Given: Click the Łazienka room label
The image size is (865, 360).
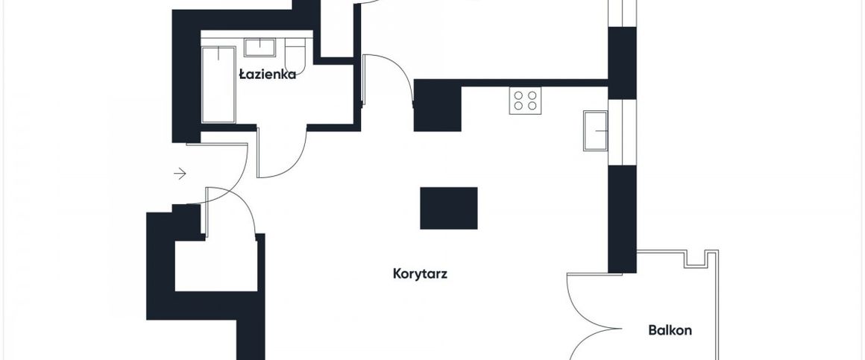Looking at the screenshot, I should point(268,75).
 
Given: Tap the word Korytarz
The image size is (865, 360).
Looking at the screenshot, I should point(420,274).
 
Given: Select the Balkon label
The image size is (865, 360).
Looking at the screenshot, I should point(670,330).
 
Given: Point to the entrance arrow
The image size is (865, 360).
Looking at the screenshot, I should point(180,174).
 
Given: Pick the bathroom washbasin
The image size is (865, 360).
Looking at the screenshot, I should point(261,48).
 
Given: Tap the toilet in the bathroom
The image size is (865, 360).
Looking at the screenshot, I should point(296,54).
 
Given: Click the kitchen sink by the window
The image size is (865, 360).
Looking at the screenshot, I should point(597,131).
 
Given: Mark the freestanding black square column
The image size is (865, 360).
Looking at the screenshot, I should point(448,208).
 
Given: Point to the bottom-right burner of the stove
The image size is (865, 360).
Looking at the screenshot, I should point(532,107).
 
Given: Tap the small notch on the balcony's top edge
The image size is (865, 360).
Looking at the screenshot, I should point(696,258).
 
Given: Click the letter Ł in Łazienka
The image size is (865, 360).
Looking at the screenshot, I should point(242,75).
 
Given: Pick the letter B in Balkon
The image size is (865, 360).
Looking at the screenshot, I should point(652,330).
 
